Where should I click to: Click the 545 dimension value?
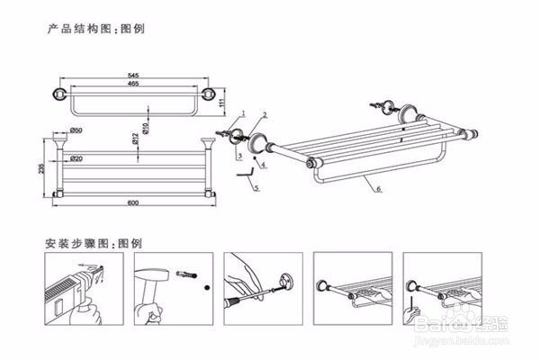tap(133, 75)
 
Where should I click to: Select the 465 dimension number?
tap(133, 84)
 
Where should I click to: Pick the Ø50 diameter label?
tap(76, 133)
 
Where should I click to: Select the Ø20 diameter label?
tap(77, 159)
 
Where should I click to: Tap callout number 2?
tap(265, 114)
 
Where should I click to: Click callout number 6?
tap(379, 189)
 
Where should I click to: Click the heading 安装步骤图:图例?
tap(94, 243)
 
